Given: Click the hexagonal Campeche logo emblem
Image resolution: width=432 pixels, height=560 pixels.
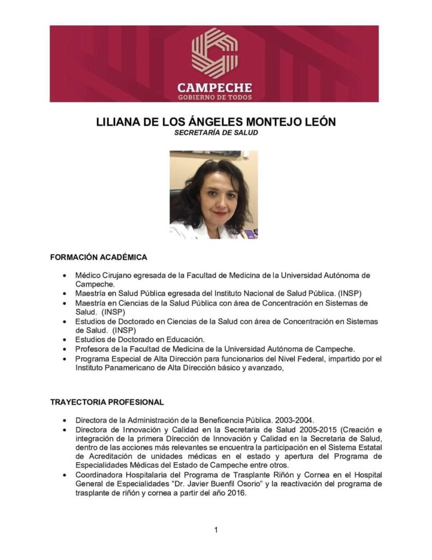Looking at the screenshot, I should point(214,53).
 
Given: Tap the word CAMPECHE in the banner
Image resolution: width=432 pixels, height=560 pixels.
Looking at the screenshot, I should point(214,87).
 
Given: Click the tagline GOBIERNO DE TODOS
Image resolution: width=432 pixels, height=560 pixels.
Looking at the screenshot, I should point(214,97).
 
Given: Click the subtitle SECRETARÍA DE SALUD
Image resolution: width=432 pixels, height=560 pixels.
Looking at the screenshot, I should point(215,132).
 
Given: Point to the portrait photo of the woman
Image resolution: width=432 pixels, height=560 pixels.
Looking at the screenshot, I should point(214,195).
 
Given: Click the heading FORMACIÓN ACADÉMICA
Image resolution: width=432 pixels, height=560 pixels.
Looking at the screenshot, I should point(98,256).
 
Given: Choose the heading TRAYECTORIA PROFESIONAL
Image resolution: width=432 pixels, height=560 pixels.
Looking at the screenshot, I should point(106,402).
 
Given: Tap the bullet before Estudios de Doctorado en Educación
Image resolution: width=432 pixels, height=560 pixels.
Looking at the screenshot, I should point(66,340).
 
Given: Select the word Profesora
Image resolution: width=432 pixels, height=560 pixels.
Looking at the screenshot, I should point(93,349).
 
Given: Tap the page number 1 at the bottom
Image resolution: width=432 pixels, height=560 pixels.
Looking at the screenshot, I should point(216,529).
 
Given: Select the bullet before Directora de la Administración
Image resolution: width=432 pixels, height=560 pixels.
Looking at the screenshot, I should point(66,421).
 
